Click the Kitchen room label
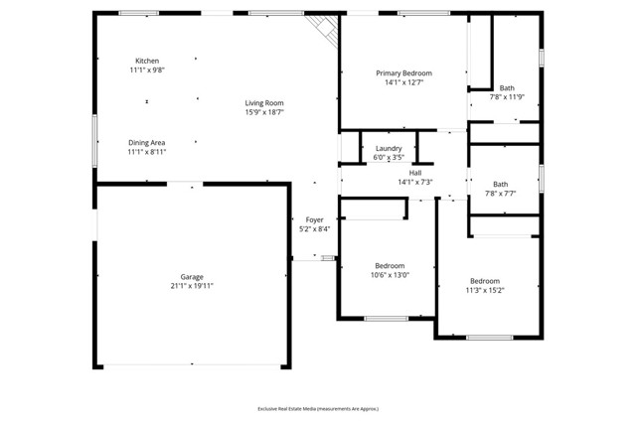click(x=147, y=61)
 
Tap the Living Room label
click(x=265, y=102)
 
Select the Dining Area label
click(x=146, y=142)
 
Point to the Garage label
click(x=192, y=276)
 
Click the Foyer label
click(x=314, y=219)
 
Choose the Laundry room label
click(x=388, y=148)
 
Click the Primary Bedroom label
click(x=402, y=72)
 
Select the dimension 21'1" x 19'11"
click(x=192, y=286)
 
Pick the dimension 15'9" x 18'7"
click(x=265, y=112)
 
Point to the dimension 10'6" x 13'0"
click(x=390, y=275)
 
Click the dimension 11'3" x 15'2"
click(x=485, y=290)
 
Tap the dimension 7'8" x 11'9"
click(x=507, y=97)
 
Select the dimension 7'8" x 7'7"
click(x=500, y=194)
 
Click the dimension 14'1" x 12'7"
click(x=402, y=82)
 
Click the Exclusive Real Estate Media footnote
click(x=318, y=408)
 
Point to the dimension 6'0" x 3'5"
click(x=388, y=157)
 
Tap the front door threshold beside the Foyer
click(x=328, y=257)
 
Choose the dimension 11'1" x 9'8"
click(x=147, y=70)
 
